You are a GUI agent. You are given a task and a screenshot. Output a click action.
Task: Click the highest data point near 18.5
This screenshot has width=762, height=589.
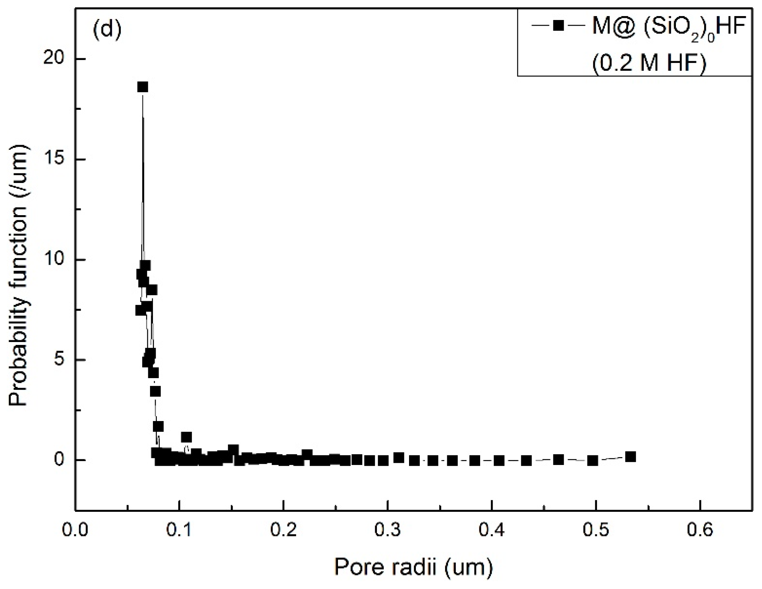[x=143, y=87]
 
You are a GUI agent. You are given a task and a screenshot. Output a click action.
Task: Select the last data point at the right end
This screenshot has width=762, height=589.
[x=631, y=457]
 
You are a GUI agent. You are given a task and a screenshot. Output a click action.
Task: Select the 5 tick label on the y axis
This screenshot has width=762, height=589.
[x=59, y=360]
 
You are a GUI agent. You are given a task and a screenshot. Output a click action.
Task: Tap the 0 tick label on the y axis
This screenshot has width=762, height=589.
[x=59, y=460]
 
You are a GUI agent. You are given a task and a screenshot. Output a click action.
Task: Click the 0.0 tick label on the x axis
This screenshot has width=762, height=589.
[x=75, y=530]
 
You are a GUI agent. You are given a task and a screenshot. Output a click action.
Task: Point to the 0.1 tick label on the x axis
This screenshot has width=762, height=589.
[x=179, y=530]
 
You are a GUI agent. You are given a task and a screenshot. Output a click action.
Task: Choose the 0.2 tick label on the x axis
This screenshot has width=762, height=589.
[x=283, y=530]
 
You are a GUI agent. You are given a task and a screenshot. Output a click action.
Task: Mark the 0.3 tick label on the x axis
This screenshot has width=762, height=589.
[x=388, y=530]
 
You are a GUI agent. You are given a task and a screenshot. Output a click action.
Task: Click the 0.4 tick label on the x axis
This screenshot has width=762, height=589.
[x=492, y=530]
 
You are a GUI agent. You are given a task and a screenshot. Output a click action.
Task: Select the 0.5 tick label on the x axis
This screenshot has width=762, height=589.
[x=596, y=530]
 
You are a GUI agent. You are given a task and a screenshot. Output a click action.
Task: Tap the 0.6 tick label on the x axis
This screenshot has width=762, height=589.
[x=700, y=530]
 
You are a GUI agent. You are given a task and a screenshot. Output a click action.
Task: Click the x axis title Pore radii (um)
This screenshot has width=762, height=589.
[x=413, y=567]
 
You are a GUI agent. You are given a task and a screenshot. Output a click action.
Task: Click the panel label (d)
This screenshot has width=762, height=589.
[x=107, y=30]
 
